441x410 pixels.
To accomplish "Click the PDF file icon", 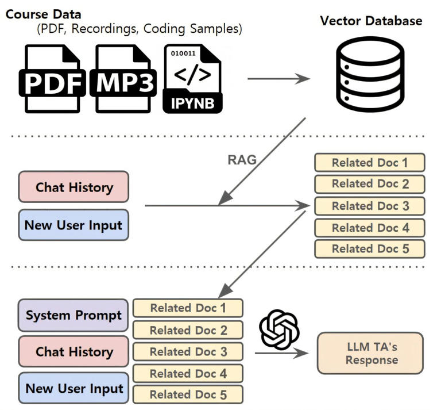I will (x=52, y=79).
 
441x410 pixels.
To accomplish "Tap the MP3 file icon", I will (x=123, y=79).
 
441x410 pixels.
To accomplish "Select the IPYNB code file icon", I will (x=192, y=79).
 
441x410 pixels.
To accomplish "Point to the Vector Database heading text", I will (x=371, y=21).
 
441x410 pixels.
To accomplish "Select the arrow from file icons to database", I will (x=278, y=79).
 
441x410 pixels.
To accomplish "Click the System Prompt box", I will (x=73, y=315).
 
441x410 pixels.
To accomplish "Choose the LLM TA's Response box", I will (x=370, y=352).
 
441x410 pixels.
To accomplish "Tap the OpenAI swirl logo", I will (x=280, y=329).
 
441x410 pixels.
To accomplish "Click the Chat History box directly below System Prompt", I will (x=73, y=352).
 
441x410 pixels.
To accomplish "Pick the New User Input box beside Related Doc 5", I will (x=73, y=389).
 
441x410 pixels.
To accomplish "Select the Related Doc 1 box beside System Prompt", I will (x=188, y=308).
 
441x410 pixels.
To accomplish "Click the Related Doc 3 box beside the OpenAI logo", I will (x=188, y=351).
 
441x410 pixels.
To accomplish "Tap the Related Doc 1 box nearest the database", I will (x=369, y=162).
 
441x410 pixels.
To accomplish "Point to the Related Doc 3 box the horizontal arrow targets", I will (x=369, y=205).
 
